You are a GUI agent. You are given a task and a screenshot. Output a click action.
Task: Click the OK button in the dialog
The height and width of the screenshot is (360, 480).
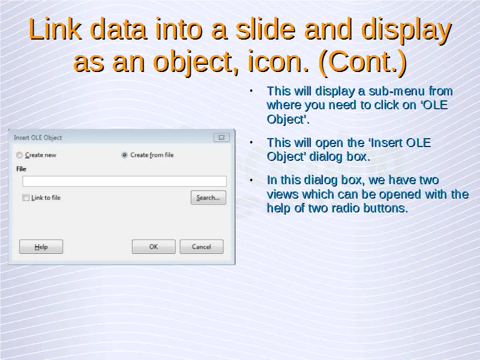click(x=154, y=247)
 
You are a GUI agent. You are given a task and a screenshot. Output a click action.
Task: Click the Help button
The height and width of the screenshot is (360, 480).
click(x=41, y=247)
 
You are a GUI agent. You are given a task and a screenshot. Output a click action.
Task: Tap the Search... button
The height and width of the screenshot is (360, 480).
click(x=208, y=197)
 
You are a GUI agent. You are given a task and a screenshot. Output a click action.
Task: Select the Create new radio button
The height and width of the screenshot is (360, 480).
click(x=19, y=155)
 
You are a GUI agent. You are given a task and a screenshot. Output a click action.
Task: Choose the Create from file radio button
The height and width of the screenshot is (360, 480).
click(x=124, y=155)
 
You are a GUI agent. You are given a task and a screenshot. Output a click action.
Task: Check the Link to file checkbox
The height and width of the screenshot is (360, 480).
click(x=26, y=198)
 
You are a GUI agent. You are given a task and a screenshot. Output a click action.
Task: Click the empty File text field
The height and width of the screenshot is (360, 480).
click(x=124, y=181)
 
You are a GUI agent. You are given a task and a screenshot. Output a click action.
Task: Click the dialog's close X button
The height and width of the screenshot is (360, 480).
click(x=221, y=138)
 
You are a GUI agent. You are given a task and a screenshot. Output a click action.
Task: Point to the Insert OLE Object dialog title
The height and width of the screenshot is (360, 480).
click(x=38, y=138)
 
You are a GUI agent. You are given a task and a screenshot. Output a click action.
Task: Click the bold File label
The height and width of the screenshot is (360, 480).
click(x=21, y=169)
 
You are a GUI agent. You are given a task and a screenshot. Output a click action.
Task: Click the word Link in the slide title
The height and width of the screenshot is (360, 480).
click(x=55, y=29)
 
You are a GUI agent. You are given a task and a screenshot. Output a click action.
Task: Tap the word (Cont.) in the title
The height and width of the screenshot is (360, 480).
click(x=362, y=62)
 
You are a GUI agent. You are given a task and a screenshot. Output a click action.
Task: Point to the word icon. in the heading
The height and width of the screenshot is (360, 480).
click(x=278, y=61)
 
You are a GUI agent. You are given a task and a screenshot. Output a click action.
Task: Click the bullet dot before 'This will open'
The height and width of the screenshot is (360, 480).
click(x=251, y=143)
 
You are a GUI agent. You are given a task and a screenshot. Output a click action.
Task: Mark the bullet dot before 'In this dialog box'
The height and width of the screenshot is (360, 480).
click(x=251, y=180)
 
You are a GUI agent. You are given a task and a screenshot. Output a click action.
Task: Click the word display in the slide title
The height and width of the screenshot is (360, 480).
click(x=407, y=30)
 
